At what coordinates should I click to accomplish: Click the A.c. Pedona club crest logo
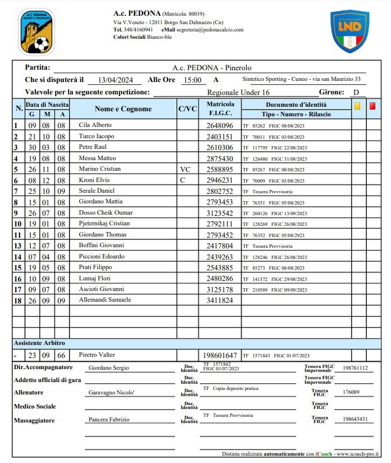(36, 31)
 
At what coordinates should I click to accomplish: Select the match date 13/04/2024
(116, 80)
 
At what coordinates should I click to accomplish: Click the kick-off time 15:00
(192, 80)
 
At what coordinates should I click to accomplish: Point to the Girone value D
(356, 93)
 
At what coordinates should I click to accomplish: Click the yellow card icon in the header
(357, 106)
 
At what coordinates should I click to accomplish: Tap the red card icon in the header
(372, 106)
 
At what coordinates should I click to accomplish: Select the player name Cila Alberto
(95, 125)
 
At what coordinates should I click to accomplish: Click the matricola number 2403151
(219, 137)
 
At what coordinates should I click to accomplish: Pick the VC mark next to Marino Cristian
(186, 169)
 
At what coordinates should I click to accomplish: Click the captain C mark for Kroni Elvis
(182, 180)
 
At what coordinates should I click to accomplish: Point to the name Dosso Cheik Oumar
(105, 213)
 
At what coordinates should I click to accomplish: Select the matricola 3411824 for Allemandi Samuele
(219, 301)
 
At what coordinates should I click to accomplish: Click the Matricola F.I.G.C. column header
(219, 109)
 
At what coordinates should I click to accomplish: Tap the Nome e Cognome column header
(123, 109)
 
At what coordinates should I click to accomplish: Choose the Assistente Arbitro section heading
(39, 343)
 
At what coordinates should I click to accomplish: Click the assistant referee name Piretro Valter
(97, 355)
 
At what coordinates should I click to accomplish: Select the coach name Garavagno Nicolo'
(111, 392)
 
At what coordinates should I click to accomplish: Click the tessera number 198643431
(355, 419)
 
